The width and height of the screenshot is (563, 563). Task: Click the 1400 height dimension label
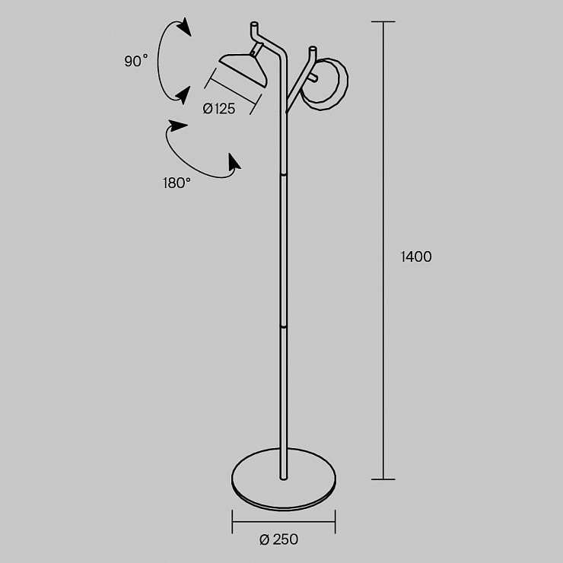pyautogui.click(x=416, y=256)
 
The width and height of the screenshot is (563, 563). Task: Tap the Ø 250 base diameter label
pyautogui.click(x=278, y=539)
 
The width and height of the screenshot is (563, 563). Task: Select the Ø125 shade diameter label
pyautogui.click(x=219, y=109)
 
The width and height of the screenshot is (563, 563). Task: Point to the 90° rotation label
pyautogui.click(x=136, y=61)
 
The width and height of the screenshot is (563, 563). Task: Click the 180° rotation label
pyautogui.click(x=177, y=183)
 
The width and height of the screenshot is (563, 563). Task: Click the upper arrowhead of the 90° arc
pyautogui.click(x=186, y=27)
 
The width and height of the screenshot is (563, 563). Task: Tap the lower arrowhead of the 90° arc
pyautogui.click(x=183, y=95)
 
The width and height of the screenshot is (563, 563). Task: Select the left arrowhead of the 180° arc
pyautogui.click(x=178, y=126)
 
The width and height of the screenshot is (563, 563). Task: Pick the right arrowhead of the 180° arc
pyautogui.click(x=234, y=162)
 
